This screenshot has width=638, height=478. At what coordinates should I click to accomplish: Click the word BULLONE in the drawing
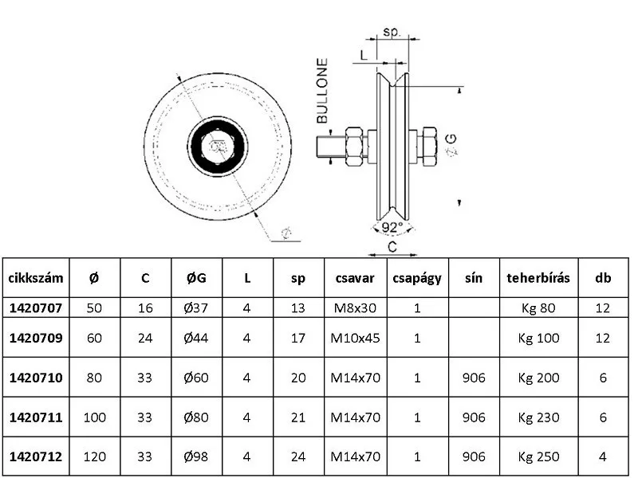pyautogui.click(x=322, y=91)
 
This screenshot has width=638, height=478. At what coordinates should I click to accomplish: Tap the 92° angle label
pyautogui.click(x=392, y=227)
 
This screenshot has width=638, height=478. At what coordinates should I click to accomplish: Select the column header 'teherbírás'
pyautogui.click(x=538, y=278)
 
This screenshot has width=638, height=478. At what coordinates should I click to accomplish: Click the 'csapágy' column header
pyautogui.click(x=417, y=278)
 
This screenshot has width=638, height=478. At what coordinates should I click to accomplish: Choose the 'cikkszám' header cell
pyautogui.click(x=35, y=278)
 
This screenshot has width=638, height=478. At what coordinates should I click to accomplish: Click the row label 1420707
pyautogui.click(x=35, y=308)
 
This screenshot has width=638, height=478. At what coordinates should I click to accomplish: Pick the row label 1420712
pyautogui.click(x=35, y=456)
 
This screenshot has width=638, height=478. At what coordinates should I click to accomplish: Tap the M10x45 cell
pyautogui.click(x=355, y=338)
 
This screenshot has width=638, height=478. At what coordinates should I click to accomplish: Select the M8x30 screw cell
pyautogui.click(x=355, y=308)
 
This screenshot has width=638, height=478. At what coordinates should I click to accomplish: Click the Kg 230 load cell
pyautogui.click(x=538, y=417)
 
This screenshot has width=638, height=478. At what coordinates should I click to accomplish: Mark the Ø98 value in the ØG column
pyautogui.click(x=195, y=456)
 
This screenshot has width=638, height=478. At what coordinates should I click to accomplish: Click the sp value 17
pyautogui.click(x=298, y=338)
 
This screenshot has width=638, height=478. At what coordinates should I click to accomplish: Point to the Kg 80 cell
pyautogui.click(x=538, y=308)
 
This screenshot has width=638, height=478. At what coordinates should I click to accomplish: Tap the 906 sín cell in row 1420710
pyautogui.click(x=473, y=378)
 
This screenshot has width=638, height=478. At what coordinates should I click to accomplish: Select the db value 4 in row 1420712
pyautogui.click(x=602, y=456)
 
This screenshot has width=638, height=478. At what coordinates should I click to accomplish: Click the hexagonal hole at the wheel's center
pyautogui.click(x=215, y=145)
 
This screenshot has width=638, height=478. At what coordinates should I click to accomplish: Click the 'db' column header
pyautogui.click(x=602, y=278)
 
